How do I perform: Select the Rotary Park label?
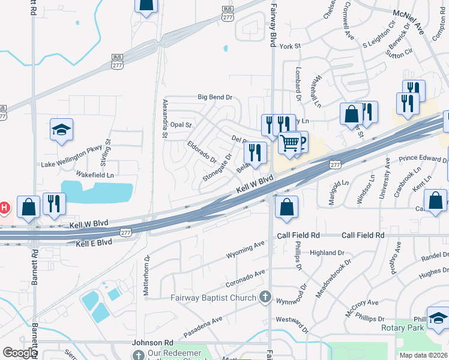coord(402,328)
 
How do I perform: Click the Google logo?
coord(19,353)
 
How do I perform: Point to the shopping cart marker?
coord(290,143)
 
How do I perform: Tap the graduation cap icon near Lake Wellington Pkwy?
coord(61,131)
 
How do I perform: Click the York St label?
coord(289,46)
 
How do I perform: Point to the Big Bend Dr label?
coord(215,97)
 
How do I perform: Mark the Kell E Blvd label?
coord(95,242)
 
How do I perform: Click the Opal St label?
coord(180,125)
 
